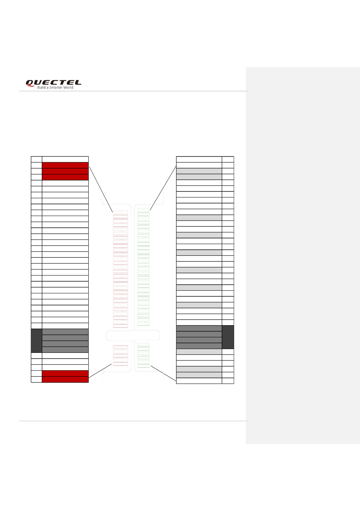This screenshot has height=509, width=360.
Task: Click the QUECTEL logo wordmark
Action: pos(53,83)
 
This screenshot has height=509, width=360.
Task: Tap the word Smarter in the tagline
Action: pos(57,88)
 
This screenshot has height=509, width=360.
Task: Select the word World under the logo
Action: pos(69,88)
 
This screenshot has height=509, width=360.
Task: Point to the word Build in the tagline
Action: pos(41,88)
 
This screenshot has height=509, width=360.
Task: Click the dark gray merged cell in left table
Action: pos(36,340)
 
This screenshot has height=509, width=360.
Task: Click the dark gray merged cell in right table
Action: pos(228,337)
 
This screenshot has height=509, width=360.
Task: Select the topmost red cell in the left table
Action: pos(65,165)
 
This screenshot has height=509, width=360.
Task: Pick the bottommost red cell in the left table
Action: pos(65,379)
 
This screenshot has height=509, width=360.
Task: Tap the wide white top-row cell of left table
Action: pos(65,159)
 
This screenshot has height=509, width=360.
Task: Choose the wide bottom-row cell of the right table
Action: pos(199,381)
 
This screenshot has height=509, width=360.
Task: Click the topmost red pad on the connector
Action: pos(121,212)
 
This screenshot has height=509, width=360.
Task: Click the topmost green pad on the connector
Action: pos(143,210)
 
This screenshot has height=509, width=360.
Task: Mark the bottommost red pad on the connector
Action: pos(121,364)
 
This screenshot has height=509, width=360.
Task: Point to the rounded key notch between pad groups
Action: pos(133,335)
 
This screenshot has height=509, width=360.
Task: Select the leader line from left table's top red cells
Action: pos(100,189)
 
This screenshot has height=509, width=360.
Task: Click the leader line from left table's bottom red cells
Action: pos(100,371)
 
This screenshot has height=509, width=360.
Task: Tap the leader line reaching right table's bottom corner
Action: pos(163,373)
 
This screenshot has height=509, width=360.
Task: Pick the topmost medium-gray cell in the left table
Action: pos(65,332)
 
